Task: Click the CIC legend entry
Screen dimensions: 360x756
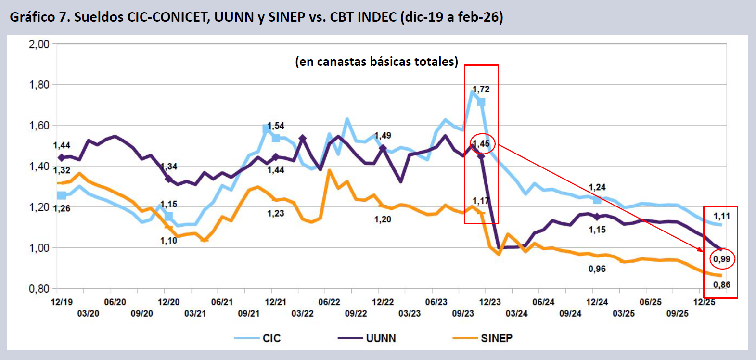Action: (x=271, y=338)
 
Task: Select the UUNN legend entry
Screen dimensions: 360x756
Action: (x=381, y=338)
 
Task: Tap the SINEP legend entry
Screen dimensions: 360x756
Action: (x=496, y=338)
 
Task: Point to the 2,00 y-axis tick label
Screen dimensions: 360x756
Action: (x=39, y=44)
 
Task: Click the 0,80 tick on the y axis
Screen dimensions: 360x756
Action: (x=39, y=289)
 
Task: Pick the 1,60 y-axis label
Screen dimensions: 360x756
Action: (x=39, y=126)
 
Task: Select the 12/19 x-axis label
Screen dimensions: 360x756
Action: (x=62, y=302)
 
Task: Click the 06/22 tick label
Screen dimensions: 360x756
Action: (x=329, y=302)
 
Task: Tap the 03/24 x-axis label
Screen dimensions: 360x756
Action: (x=516, y=314)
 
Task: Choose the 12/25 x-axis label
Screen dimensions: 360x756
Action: (x=704, y=302)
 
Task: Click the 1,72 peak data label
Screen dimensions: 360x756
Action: (x=481, y=90)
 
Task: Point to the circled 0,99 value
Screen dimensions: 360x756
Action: (x=721, y=259)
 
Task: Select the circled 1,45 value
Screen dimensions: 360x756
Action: (x=481, y=144)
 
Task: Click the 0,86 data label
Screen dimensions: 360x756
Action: (x=721, y=285)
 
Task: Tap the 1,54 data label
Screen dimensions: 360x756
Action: (x=276, y=126)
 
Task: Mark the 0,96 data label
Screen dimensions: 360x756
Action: (x=597, y=269)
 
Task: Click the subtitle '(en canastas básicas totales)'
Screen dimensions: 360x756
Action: (x=376, y=62)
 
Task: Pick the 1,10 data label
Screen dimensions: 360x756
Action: (x=168, y=241)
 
